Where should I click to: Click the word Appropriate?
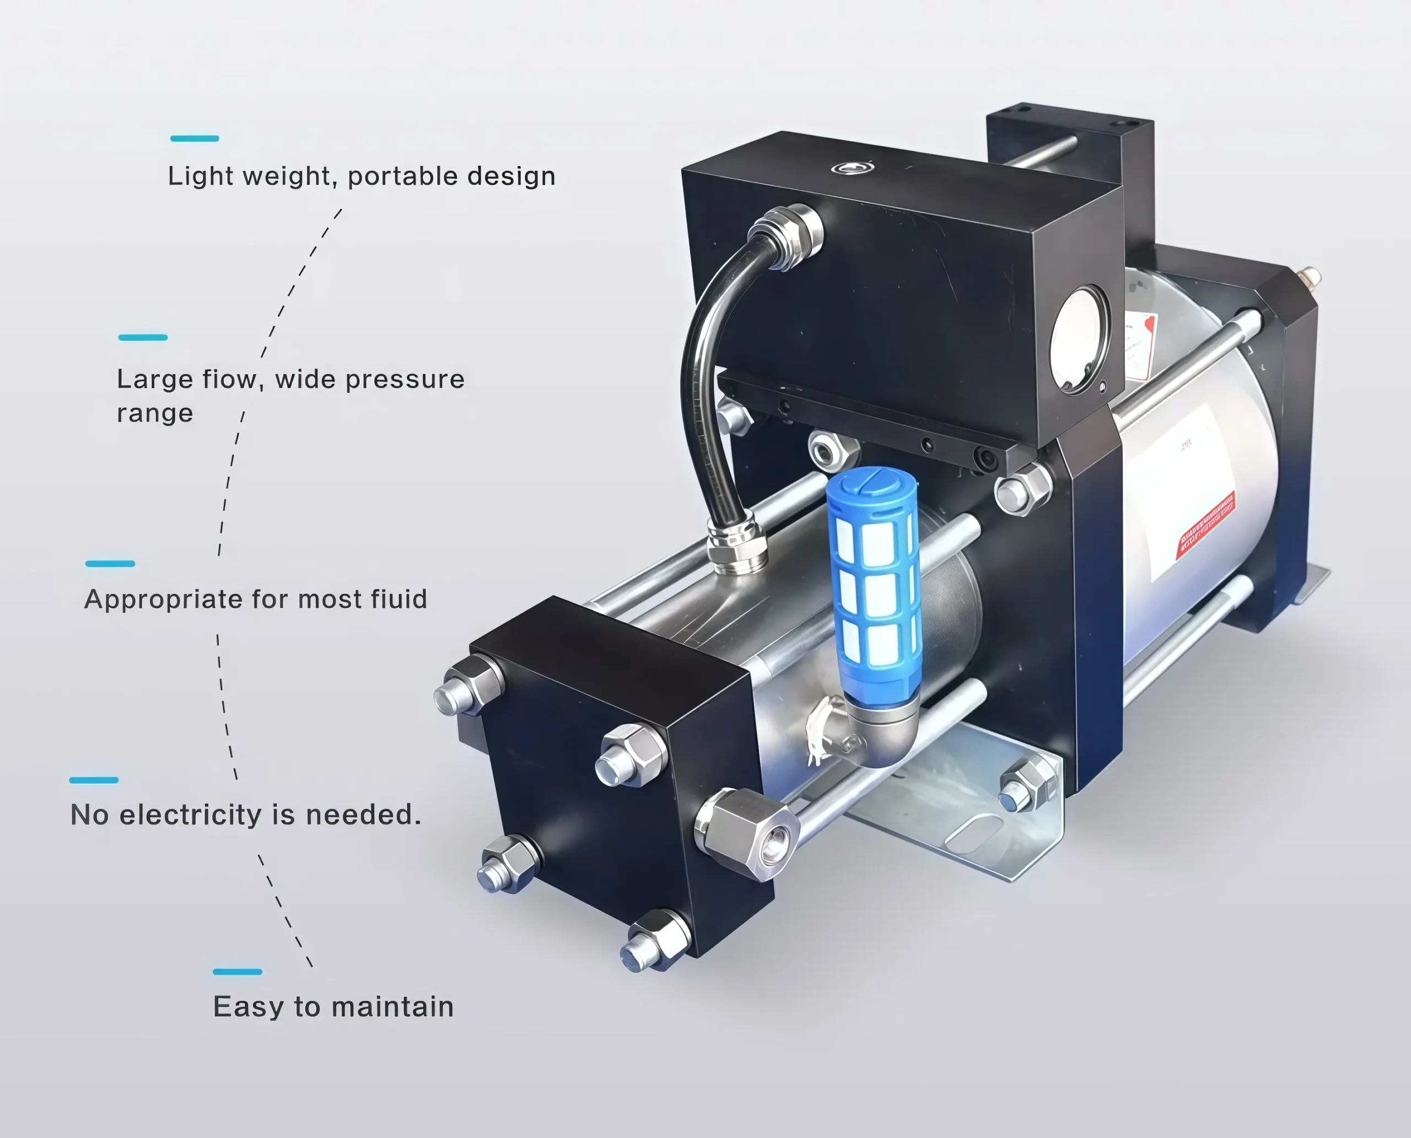pyautogui.click(x=164, y=600)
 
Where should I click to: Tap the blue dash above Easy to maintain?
pyautogui.click(x=238, y=972)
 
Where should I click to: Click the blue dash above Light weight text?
pyautogui.click(x=194, y=138)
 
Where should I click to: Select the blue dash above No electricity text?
pyautogui.click(x=94, y=780)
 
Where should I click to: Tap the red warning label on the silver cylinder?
pyautogui.click(x=1205, y=525)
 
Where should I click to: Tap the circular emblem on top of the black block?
pyautogui.click(x=851, y=168)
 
